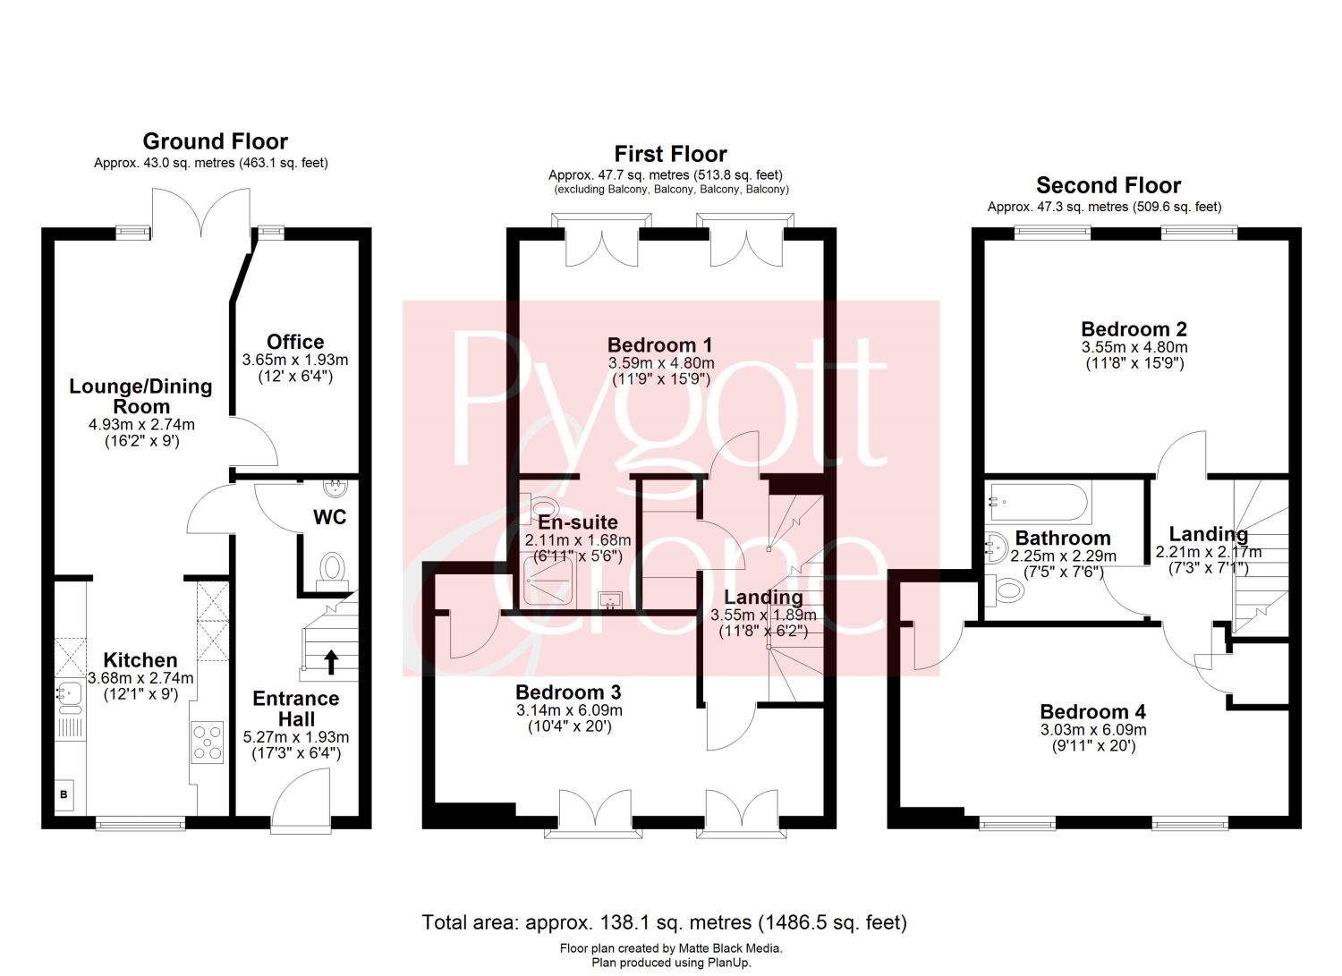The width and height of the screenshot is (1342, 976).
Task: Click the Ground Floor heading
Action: pyautogui.click(x=215, y=141)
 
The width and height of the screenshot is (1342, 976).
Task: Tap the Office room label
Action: pyautogui.click(x=295, y=342)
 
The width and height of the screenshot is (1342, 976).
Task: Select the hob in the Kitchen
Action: pyautogui.click(x=208, y=743)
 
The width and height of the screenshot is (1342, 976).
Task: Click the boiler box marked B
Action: pyautogui.click(x=64, y=795)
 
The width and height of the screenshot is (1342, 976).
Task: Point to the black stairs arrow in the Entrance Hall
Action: pyautogui.click(x=331, y=662)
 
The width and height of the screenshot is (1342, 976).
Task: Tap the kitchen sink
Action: pyautogui.click(x=69, y=696)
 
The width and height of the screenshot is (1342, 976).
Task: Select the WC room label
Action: pyautogui.click(x=329, y=517)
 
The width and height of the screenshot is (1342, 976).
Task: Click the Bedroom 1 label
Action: pyautogui.click(x=659, y=345)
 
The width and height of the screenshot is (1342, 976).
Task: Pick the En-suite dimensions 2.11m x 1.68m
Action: pyautogui.click(x=578, y=539)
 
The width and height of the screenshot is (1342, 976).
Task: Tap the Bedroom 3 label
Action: pyautogui.click(x=568, y=692)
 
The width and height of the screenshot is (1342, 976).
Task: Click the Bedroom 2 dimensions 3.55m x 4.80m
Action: pyautogui.click(x=1134, y=347)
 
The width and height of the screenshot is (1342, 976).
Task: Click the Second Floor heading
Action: pyautogui.click(x=1108, y=185)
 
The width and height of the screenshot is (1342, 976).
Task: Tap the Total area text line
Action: pyautogui.click(x=665, y=922)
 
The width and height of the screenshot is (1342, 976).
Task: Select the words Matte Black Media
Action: pyautogui.click(x=730, y=948)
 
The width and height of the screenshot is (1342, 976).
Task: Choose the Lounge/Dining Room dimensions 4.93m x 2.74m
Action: pyautogui.click(x=141, y=425)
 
